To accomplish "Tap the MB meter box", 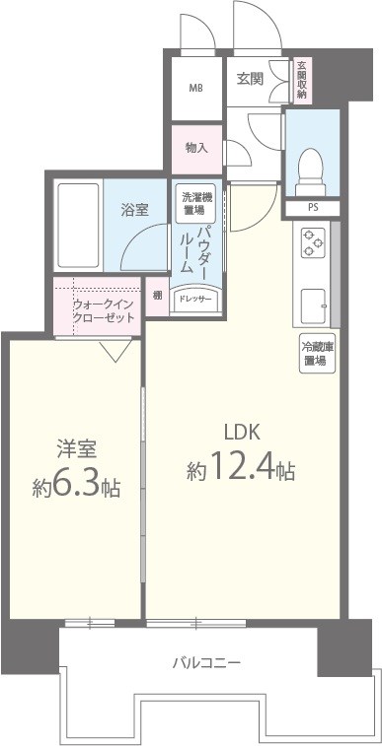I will point(195,88).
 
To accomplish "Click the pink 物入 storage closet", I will point(195,147).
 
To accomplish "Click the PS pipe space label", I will point(313,209).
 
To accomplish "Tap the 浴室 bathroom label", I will point(135,209).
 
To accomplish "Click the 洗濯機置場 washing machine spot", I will point(191,203).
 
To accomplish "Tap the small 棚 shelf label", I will point(157,294).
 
